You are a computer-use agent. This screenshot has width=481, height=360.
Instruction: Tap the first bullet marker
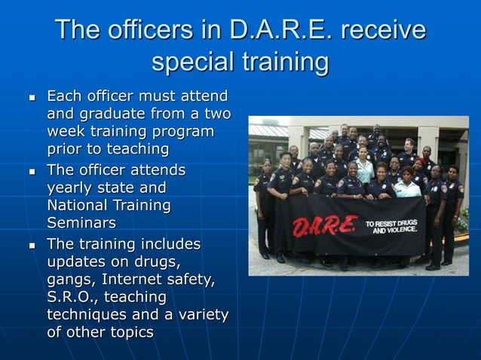click(x=31, y=98)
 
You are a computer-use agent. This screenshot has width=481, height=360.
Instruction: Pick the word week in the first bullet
click(x=66, y=132)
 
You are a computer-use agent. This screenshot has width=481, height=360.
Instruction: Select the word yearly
click(x=72, y=188)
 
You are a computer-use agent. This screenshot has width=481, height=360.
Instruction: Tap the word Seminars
click(x=81, y=223)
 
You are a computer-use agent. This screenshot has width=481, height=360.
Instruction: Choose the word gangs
click(x=69, y=280)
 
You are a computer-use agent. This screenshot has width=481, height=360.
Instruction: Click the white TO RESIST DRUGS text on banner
click(x=391, y=224)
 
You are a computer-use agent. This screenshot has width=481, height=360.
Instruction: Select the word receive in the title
click(x=384, y=30)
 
